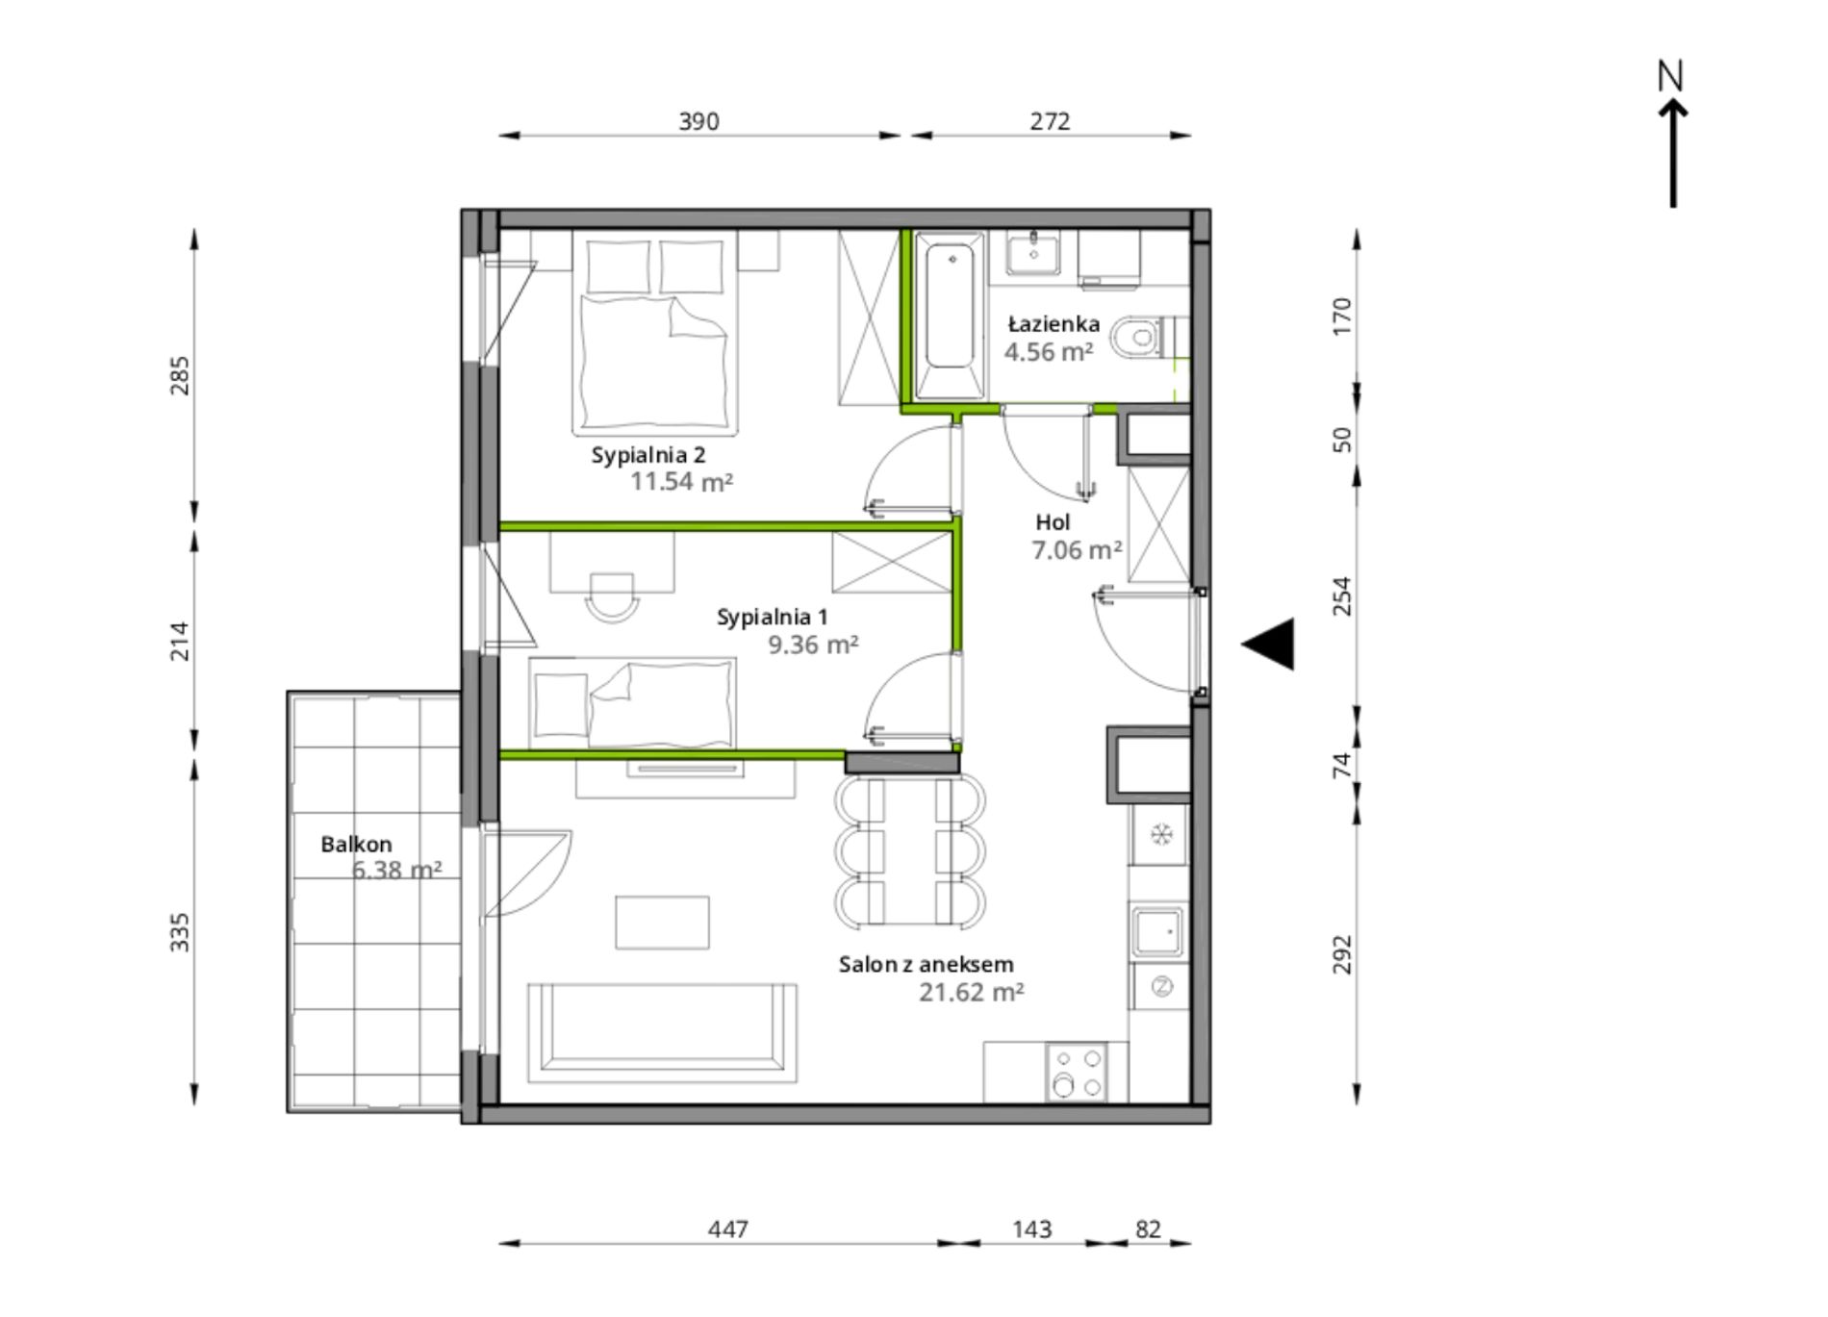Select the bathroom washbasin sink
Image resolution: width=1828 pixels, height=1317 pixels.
[1033, 253]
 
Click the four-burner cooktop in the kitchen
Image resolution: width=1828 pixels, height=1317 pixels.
[1077, 1072]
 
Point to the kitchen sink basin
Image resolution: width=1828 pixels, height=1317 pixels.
[1157, 931]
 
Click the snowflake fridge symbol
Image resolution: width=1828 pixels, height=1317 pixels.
[1161, 834]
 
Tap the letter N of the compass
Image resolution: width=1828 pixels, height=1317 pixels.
[1671, 76]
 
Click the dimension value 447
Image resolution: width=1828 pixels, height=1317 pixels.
[727, 1229]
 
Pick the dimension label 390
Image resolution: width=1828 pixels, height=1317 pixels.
[698, 121]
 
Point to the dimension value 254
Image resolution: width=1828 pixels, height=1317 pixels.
[1342, 596]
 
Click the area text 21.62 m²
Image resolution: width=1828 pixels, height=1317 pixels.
[971, 992]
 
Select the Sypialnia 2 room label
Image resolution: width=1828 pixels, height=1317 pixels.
[648, 455]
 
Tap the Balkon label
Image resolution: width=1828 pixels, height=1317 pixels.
[356, 845]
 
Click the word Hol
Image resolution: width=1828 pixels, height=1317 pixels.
[1053, 522]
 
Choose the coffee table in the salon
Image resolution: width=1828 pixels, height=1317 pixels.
[662, 923]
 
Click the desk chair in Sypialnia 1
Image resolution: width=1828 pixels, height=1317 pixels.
[612, 597]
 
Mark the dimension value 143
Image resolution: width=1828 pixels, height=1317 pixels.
[1031, 1229]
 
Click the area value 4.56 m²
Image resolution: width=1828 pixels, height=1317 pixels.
[1049, 352]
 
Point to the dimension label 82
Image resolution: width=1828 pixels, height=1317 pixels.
[1148, 1229]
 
